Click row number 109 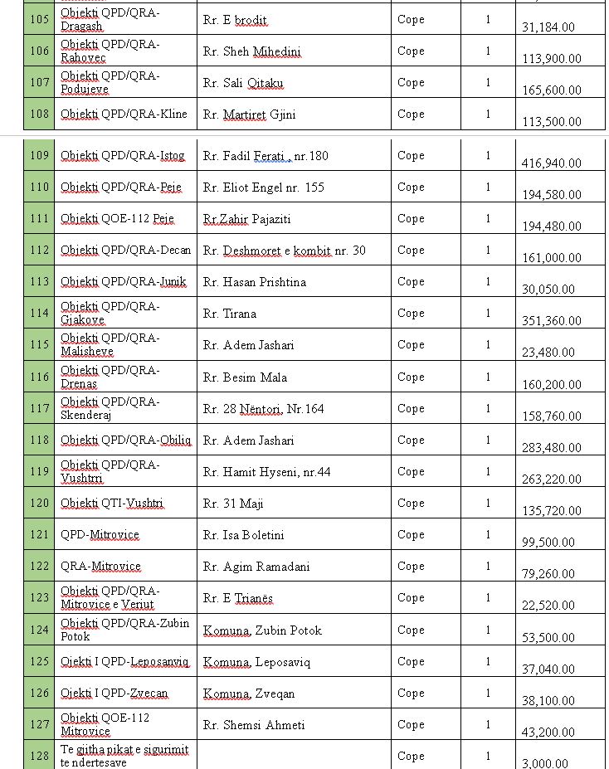pos(39,156)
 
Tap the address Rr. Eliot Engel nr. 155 pos(263,187)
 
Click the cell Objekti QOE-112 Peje pos(117,219)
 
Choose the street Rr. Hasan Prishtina pos(254,282)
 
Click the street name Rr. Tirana pos(229,314)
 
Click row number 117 pos(39,409)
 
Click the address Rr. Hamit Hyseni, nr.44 pos(266,472)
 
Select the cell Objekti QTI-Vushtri pos(112,504)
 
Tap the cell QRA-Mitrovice pos(100,567)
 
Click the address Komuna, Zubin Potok pos(262,630)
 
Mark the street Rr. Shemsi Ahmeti pos(253,725)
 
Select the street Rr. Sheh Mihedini pos(251,51)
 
